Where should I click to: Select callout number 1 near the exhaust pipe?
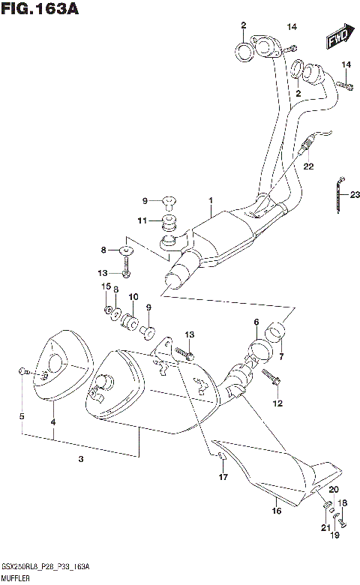coord(211,200)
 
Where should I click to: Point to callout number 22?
coord(307,166)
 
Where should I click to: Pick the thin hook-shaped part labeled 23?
coord(337,191)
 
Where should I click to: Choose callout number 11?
coord(141,220)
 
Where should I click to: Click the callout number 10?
coord(133,297)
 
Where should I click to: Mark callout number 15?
coord(106,287)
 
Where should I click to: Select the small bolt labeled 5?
coord(25,372)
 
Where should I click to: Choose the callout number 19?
coord(336,536)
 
